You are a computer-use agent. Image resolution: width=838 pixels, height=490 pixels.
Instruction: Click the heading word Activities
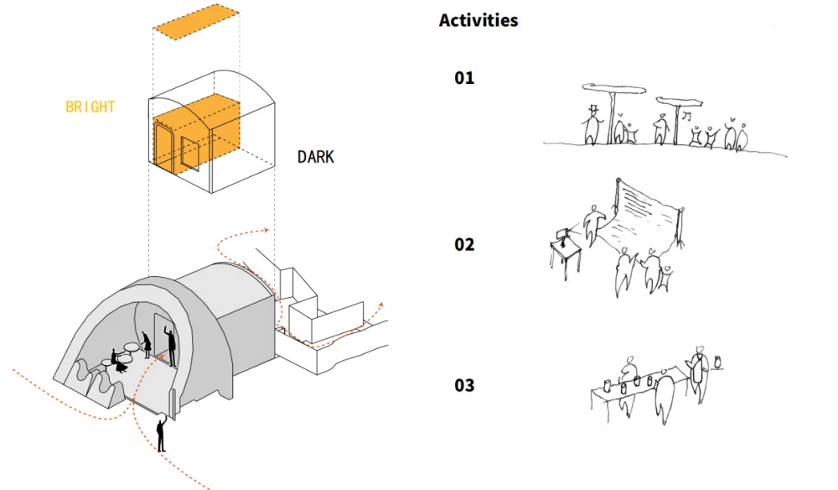[478, 20]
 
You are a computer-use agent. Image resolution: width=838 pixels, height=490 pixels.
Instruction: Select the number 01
[464, 78]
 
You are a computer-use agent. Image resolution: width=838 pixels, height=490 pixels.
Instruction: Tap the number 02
[464, 244]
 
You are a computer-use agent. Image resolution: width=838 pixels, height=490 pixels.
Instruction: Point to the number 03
[464, 385]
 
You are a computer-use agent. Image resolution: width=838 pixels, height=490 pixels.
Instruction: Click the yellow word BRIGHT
[90, 107]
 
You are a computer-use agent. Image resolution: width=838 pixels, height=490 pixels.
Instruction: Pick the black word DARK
[315, 157]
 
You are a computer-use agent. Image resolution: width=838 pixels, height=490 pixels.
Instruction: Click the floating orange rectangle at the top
[197, 23]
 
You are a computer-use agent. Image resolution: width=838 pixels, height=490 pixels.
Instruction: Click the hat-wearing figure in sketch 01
[592, 124]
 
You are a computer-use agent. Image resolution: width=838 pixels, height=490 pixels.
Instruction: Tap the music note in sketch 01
[688, 114]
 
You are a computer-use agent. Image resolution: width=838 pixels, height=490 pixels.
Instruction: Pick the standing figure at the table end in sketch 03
[696, 369]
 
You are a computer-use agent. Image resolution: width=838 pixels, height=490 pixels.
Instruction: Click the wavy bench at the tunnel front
[92, 382]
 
